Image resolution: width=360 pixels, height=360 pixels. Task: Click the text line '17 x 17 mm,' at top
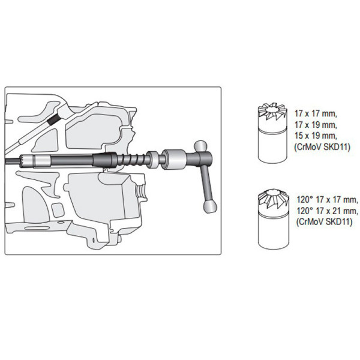tap(316, 114)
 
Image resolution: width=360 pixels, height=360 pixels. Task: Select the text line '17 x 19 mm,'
tap(316, 125)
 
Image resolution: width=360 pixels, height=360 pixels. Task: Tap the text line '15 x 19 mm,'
tap(316, 136)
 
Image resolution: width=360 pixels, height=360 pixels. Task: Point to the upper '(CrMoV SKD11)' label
tap(322, 147)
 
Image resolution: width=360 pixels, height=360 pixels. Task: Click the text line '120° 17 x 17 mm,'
tap(328, 200)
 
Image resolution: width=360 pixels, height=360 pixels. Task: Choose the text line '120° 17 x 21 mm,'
tap(328, 211)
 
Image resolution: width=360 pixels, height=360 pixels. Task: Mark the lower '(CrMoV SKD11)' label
tap(324, 221)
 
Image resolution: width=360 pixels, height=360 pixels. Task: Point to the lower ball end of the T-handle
tap(209, 206)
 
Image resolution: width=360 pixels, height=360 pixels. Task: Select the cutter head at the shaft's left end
tap(27, 160)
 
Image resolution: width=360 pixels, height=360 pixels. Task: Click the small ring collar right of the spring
tap(152, 159)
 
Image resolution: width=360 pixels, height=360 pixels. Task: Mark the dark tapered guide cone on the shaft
tap(104, 160)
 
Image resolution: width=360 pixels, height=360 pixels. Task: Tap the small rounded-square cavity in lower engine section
tap(58, 210)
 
